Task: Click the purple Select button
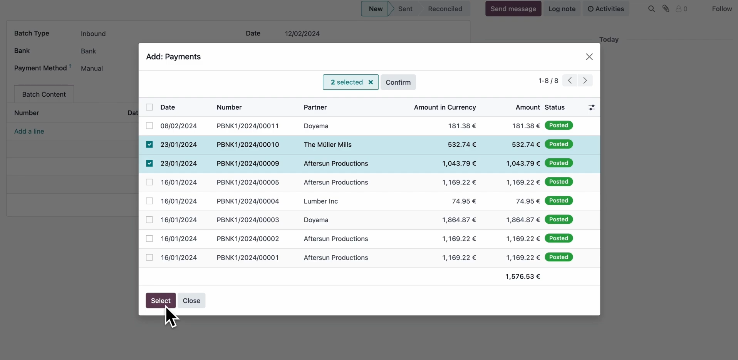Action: point(161,301)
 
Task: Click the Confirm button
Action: point(398,82)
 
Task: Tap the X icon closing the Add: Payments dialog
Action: point(589,57)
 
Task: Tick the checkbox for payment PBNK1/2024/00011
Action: point(149,126)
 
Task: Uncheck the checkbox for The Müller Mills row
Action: point(149,145)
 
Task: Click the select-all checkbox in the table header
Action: point(149,107)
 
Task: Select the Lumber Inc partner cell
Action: point(320,201)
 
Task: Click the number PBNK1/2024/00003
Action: point(248,220)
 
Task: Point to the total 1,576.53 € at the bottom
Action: point(522,276)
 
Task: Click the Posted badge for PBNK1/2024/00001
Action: point(559,257)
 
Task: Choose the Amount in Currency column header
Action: point(444,107)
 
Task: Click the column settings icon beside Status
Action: point(592,107)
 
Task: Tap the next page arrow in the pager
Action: point(585,81)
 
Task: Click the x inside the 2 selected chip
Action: point(371,82)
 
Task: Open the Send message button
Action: point(513,9)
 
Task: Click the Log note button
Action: point(562,9)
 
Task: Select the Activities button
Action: point(605,9)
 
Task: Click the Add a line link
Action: point(29,131)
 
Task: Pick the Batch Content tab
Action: point(44,94)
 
